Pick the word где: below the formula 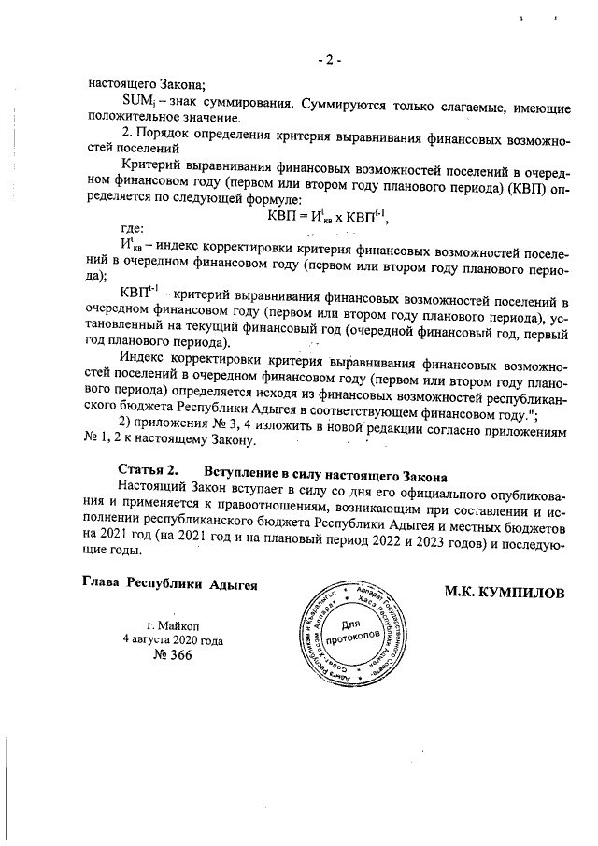click(134, 228)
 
